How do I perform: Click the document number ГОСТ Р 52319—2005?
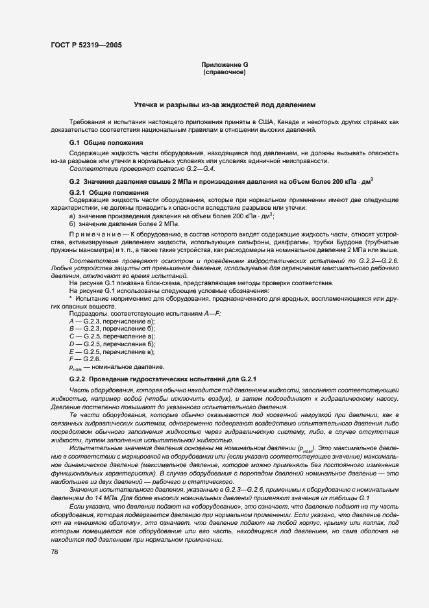(x=85, y=45)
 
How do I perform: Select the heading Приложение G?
(x=225, y=66)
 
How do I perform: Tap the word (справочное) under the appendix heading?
(x=225, y=73)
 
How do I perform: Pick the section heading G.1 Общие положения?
(x=106, y=142)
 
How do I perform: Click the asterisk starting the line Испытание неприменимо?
(x=71, y=299)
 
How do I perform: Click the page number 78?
(x=54, y=551)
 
